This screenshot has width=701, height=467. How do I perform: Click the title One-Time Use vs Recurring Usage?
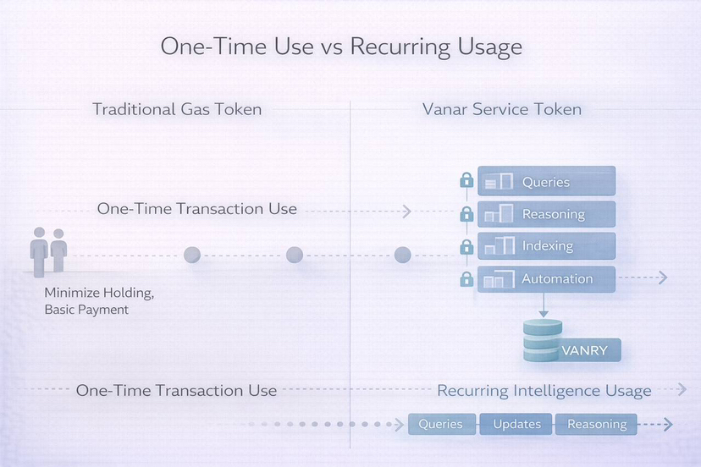point(341,47)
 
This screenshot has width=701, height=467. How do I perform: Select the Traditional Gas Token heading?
point(176,109)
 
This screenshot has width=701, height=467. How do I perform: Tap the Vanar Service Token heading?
point(501,109)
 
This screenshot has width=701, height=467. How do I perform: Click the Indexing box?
point(546,246)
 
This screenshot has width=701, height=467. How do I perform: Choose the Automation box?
point(546,278)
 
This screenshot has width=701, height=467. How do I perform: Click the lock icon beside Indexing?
point(466,247)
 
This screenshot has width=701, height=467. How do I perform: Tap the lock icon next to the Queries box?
point(466,181)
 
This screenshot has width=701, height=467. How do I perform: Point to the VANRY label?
point(584,350)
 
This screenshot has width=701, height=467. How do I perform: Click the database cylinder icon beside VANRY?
point(542,341)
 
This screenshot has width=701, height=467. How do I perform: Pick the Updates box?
point(516,424)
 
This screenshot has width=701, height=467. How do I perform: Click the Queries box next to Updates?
point(440,424)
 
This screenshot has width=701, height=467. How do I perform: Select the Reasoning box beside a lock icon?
point(546,214)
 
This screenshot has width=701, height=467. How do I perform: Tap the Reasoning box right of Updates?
point(596,424)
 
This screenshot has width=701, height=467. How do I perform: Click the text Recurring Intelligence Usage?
point(544,391)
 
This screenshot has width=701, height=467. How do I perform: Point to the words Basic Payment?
point(86,310)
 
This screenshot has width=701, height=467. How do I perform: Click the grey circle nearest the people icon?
point(192,255)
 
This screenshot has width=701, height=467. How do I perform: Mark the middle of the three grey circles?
point(295,255)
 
